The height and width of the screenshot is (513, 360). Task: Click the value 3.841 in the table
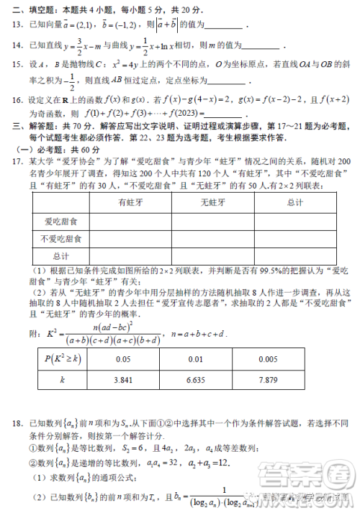pyautogui.click(x=126, y=379)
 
